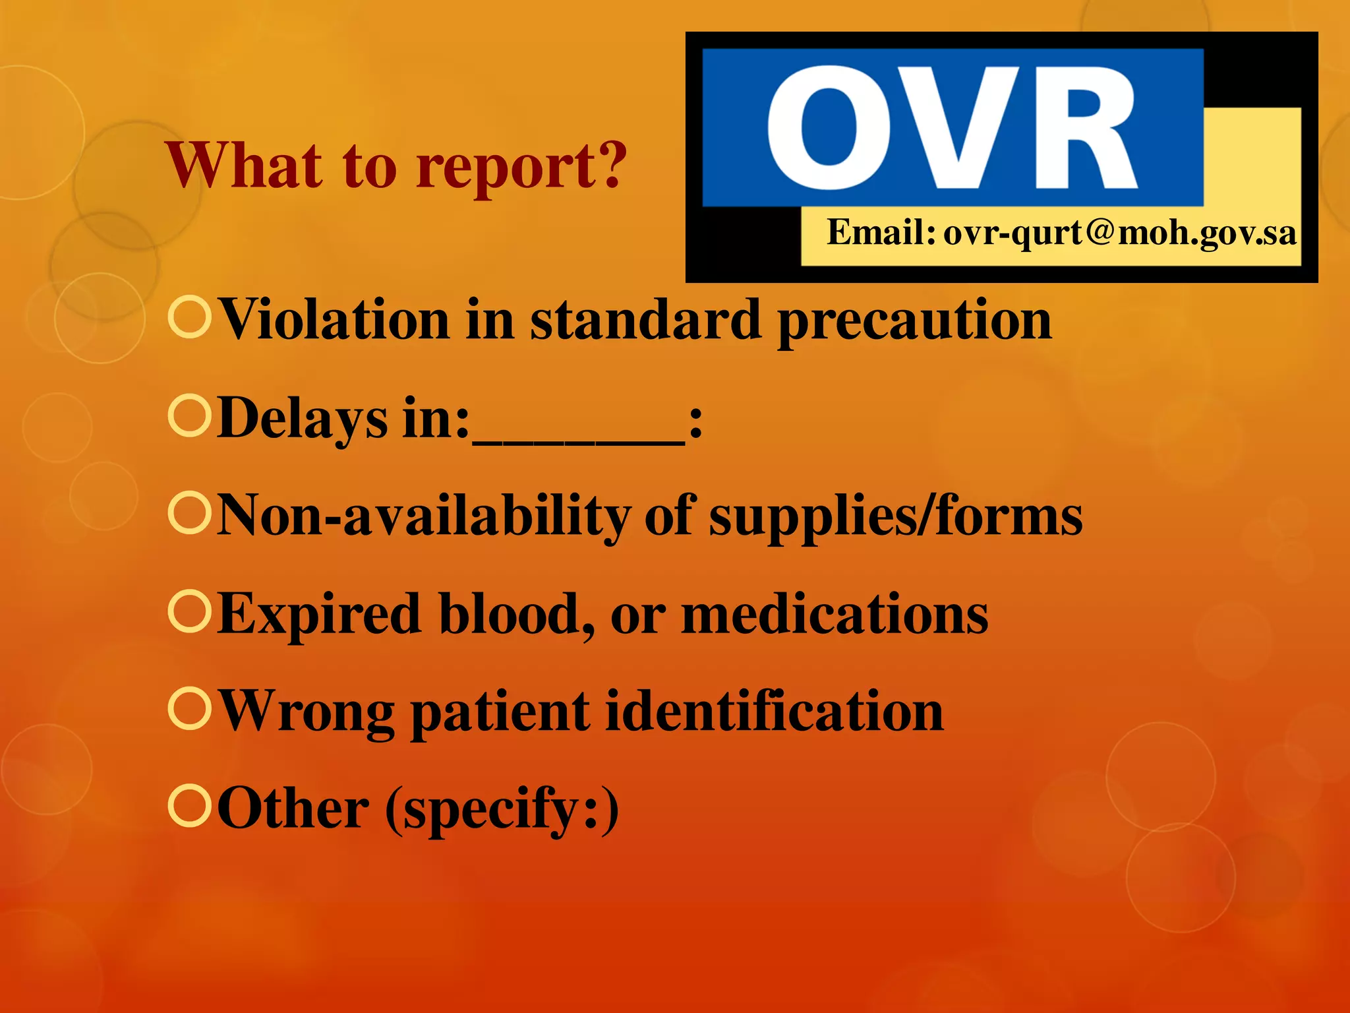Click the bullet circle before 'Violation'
(x=190, y=318)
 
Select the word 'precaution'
(x=914, y=321)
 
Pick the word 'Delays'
(x=302, y=419)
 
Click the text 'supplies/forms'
(x=895, y=516)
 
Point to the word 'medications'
(x=835, y=613)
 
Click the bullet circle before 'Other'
(x=190, y=806)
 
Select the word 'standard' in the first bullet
(x=645, y=320)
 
